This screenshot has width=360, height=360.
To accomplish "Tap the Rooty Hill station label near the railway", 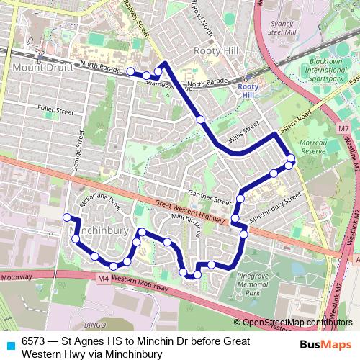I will pyautogui.click(x=248, y=90).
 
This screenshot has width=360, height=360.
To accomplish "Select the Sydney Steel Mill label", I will pyautogui.click(x=283, y=27).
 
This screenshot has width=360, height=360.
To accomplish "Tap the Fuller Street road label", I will pyautogui.click(x=55, y=112).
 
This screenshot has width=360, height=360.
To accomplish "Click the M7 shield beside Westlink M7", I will pyautogui.click(x=342, y=128).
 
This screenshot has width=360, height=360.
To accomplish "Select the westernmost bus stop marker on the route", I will pyautogui.click(x=66, y=217).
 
